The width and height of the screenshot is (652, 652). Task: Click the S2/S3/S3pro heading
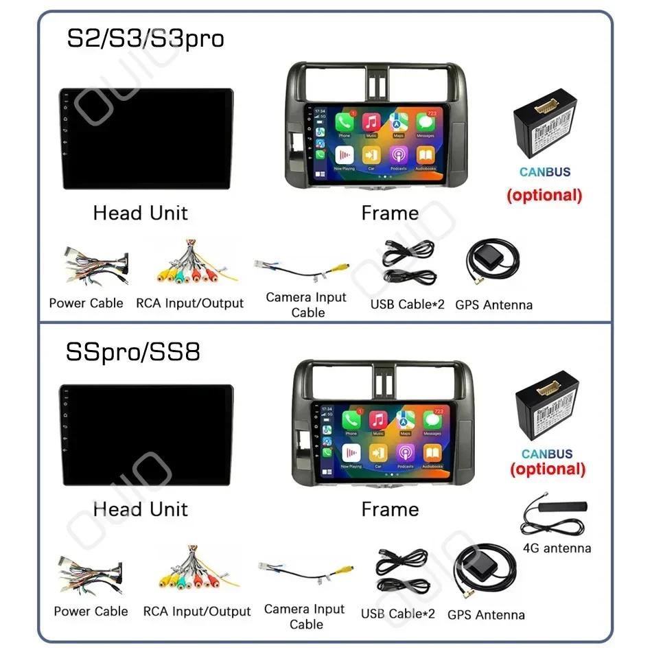click(145, 38)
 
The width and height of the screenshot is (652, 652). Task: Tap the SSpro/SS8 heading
click(133, 352)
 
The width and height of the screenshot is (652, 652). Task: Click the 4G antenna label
click(557, 548)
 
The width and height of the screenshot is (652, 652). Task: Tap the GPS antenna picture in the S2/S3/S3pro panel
click(491, 266)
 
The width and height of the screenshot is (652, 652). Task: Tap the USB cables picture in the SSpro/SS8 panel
click(401, 572)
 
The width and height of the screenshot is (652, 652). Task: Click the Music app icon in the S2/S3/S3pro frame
click(371, 124)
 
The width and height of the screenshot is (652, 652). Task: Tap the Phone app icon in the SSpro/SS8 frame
click(351, 420)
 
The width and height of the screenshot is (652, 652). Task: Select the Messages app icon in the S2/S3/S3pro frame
click(426, 124)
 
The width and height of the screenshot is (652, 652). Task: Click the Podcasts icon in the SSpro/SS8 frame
click(405, 453)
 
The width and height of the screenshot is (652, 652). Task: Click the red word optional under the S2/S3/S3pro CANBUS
click(544, 195)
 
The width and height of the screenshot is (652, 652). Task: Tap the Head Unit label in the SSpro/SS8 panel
click(140, 509)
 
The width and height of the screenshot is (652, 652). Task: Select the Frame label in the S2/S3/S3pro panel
click(390, 213)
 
